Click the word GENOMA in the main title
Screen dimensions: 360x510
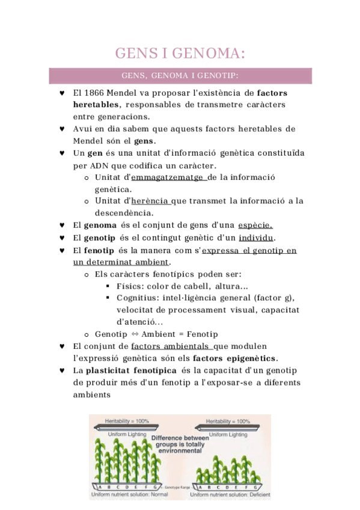click(x=208, y=54)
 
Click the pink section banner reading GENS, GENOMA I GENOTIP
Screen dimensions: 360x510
click(x=180, y=76)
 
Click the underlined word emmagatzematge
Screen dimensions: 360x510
click(x=168, y=177)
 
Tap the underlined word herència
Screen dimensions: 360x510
click(x=150, y=201)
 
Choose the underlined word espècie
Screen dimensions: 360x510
click(x=255, y=225)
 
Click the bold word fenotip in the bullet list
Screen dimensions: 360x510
click(x=96, y=250)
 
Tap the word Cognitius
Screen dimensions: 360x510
click(x=137, y=298)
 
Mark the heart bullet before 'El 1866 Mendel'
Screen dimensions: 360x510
click(x=63, y=93)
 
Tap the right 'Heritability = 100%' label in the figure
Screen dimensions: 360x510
click(x=228, y=421)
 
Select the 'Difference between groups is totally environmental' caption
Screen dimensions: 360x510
click(x=180, y=444)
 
